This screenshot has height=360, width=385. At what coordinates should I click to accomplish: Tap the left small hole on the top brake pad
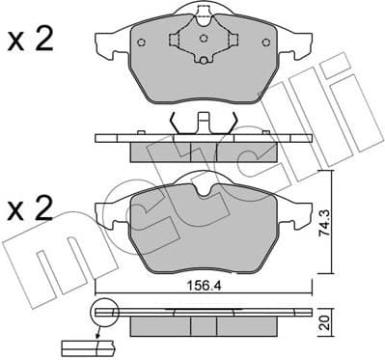tap(141, 42)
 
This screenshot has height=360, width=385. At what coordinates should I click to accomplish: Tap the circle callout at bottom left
tap(102, 312)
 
